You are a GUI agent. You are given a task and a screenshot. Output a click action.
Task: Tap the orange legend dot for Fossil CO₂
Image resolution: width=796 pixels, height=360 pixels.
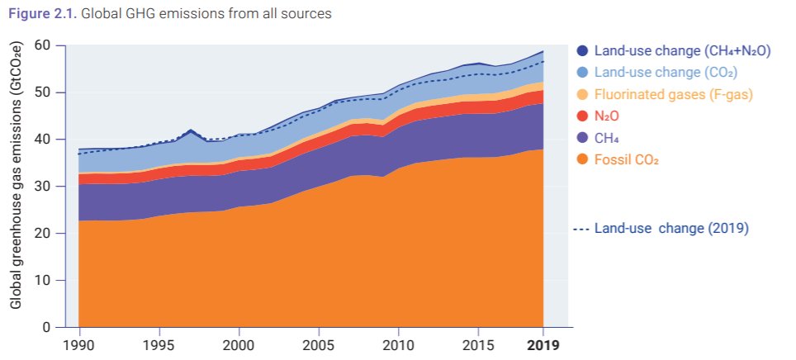click(x=582, y=159)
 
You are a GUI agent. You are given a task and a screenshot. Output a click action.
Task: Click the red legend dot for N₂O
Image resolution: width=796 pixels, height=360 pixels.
click(x=582, y=116)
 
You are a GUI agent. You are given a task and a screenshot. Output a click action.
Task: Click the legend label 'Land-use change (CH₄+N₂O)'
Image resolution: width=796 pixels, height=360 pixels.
click(x=682, y=51)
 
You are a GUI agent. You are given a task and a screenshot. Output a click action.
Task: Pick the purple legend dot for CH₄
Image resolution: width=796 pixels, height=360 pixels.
click(x=582, y=137)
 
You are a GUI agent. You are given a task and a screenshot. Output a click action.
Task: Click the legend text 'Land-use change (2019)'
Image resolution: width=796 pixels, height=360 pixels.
click(x=671, y=228)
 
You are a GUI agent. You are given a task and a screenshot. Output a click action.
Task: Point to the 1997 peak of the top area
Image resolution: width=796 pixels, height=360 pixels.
click(x=191, y=130)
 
